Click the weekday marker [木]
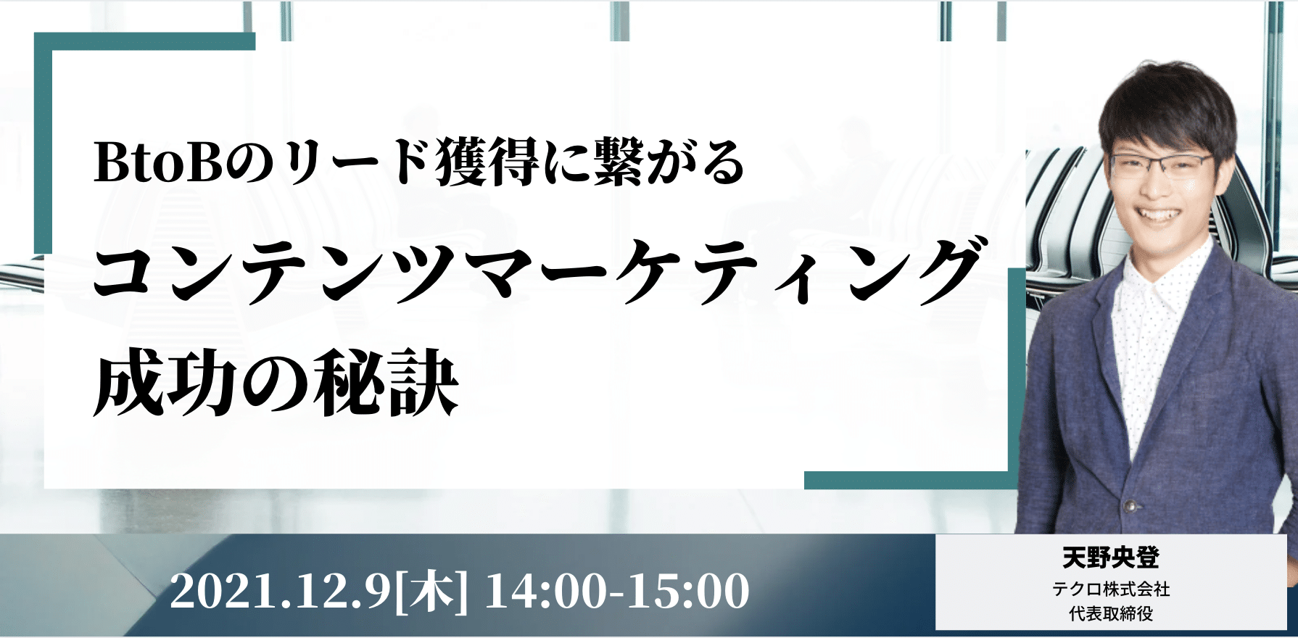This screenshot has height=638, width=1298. click(431, 592)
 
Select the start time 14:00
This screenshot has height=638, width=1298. click(550, 592)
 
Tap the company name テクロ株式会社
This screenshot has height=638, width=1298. click(1111, 589)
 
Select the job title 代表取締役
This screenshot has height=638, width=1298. click(1111, 613)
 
